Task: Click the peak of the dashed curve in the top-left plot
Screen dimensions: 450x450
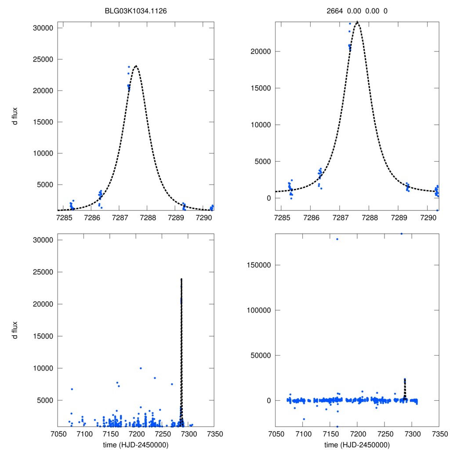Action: pyautogui.click(x=136, y=66)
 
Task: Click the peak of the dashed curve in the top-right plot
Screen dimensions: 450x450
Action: pyautogui.click(x=357, y=22)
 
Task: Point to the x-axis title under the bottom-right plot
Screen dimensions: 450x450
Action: pyautogui.click(x=357, y=444)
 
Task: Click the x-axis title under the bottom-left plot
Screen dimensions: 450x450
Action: pyautogui.click(x=136, y=444)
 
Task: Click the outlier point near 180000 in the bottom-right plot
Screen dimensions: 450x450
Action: pyautogui.click(x=337, y=239)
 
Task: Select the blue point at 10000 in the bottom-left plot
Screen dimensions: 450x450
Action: pyautogui.click(x=141, y=368)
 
